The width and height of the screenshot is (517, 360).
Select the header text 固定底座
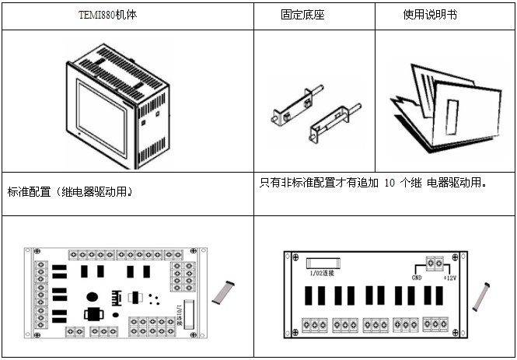[296, 15]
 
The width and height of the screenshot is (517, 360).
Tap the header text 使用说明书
[425, 15]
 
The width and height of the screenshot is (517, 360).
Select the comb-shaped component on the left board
[118, 298]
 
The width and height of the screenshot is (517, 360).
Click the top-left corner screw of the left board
[26, 252]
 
